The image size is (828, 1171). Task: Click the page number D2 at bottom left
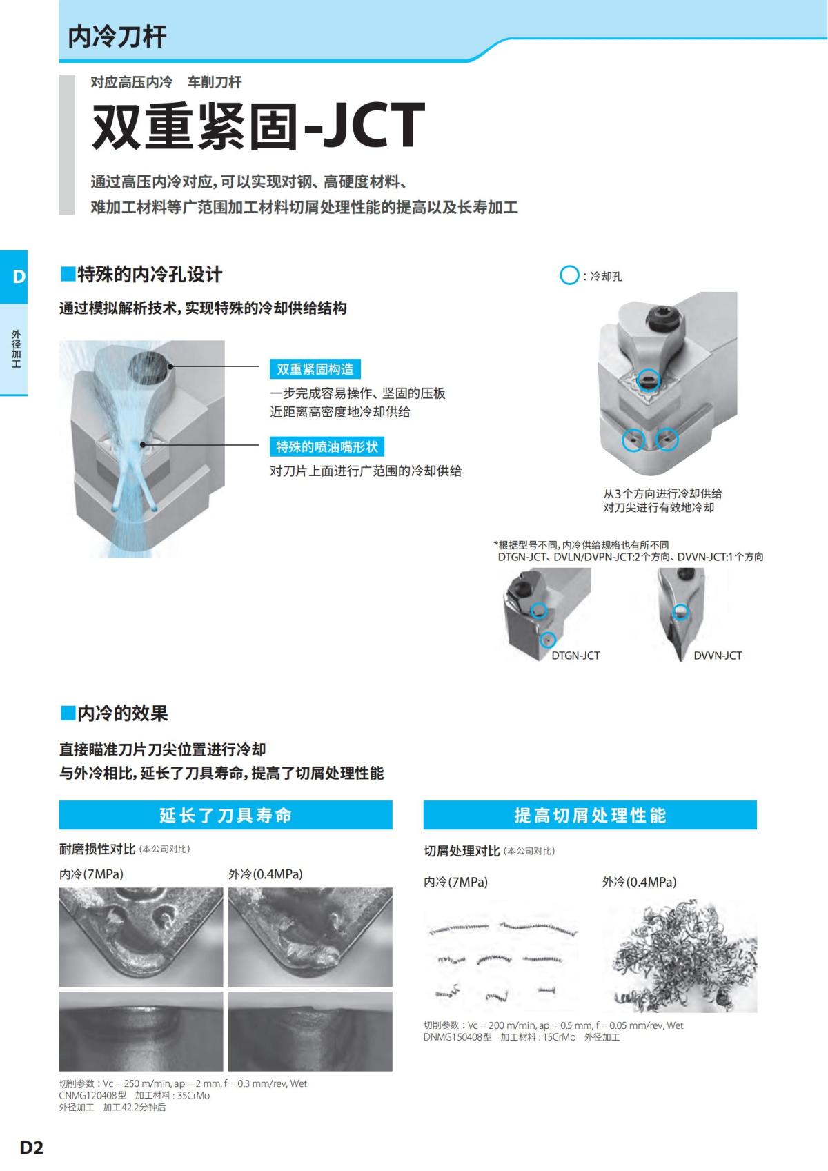click(31, 1148)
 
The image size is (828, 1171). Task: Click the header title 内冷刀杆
click(117, 37)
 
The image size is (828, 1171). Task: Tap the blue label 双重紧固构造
click(315, 369)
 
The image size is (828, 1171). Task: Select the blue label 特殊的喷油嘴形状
click(327, 446)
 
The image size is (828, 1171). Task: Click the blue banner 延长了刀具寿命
click(226, 815)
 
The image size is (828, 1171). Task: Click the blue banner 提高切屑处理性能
click(590, 815)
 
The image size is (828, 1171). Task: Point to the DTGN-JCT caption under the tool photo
click(575, 656)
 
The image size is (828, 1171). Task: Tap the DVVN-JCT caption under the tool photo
click(718, 656)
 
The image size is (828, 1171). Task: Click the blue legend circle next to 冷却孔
click(569, 276)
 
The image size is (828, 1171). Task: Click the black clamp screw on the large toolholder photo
click(663, 319)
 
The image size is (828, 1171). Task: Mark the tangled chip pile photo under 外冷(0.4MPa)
click(680, 956)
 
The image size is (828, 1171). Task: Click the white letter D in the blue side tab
click(19, 277)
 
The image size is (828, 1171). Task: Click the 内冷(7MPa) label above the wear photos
click(91, 874)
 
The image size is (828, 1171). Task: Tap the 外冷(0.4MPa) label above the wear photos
click(266, 874)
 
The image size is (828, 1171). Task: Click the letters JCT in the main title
click(373, 126)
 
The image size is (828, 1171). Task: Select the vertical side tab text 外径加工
click(16, 348)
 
